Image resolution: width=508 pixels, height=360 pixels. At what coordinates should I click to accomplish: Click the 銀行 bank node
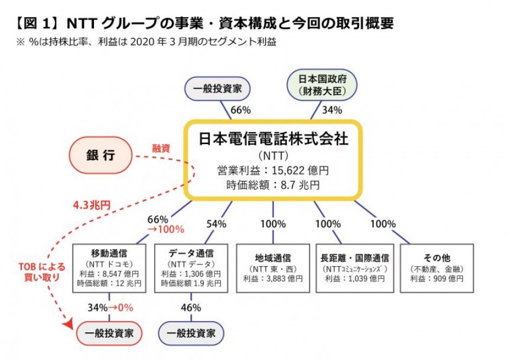(101, 155)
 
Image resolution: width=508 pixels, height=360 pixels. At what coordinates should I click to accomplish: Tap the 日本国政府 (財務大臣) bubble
(322, 85)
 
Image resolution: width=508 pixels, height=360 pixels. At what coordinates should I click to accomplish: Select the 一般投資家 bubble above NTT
(217, 89)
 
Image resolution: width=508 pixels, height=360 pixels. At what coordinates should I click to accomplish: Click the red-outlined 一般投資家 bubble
(109, 333)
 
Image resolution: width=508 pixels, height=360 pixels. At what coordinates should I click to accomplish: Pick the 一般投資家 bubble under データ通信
(191, 333)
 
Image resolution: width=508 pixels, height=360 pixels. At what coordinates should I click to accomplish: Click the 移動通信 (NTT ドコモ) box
(109, 269)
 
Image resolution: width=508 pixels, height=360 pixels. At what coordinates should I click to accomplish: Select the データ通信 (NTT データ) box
(191, 269)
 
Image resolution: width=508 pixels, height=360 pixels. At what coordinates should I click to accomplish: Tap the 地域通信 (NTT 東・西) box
(273, 269)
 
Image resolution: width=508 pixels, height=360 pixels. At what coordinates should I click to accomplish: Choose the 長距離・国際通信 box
(355, 269)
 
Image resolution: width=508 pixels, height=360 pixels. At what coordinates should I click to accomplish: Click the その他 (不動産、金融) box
(437, 269)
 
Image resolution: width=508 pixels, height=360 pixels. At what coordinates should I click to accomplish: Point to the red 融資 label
(161, 149)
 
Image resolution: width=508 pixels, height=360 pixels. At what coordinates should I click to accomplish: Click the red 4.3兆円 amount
(92, 205)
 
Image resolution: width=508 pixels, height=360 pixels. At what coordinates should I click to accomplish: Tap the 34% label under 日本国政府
(332, 110)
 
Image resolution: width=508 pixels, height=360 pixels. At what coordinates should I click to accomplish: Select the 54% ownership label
(216, 224)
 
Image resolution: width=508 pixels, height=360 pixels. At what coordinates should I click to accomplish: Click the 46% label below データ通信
(191, 307)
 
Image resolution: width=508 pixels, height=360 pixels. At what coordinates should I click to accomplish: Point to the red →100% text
(166, 230)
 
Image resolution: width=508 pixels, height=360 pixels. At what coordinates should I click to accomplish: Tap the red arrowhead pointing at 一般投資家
(69, 324)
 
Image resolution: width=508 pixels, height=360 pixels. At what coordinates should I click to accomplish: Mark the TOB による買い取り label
(42, 272)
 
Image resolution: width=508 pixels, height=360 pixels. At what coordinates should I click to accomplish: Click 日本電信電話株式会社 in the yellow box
(273, 139)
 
